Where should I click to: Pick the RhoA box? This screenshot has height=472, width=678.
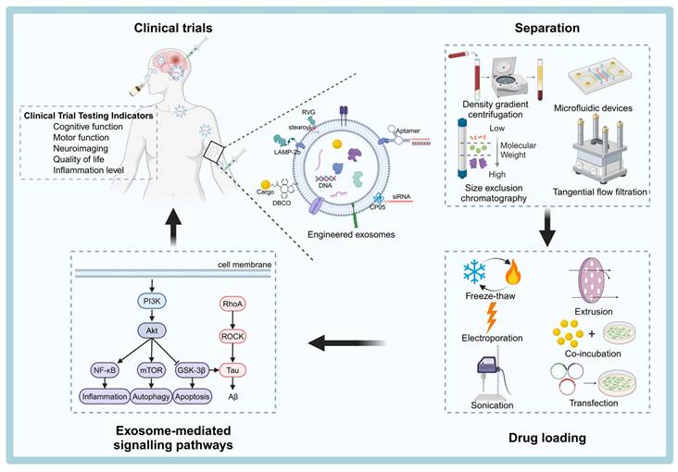click(231, 303)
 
